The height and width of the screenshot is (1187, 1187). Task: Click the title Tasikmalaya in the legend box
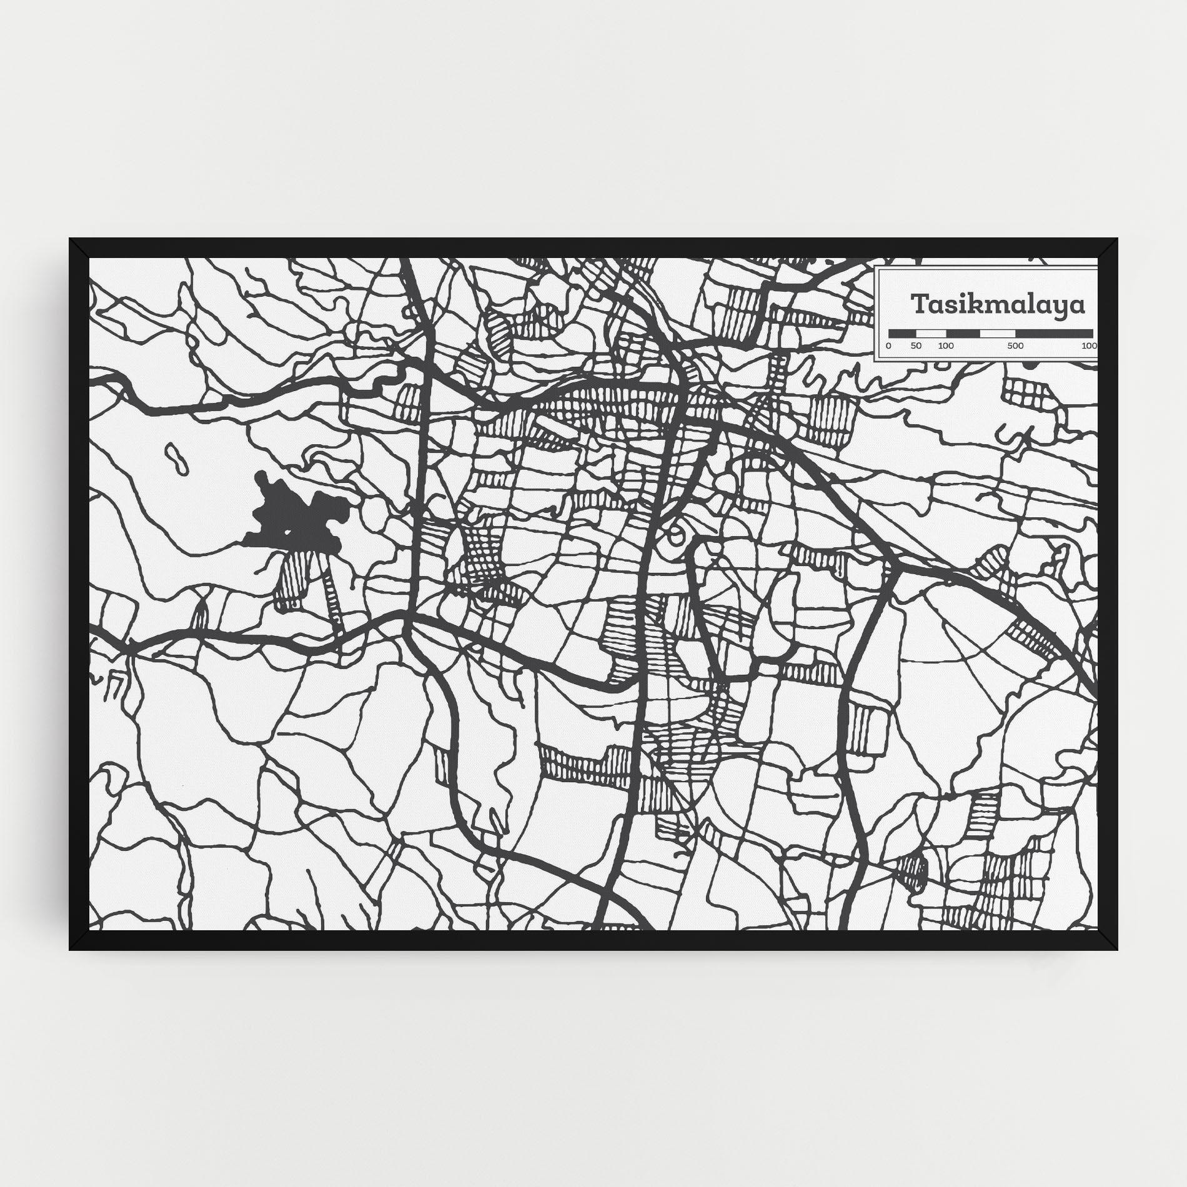pyautogui.click(x=998, y=305)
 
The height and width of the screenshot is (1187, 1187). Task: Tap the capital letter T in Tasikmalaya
pyautogui.click(x=919, y=305)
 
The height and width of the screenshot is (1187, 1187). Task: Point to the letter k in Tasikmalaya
pyautogui.click(x=967, y=304)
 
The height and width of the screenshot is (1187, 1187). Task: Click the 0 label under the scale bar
pyautogui.click(x=888, y=345)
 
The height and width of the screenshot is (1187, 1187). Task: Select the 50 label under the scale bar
pyautogui.click(x=916, y=345)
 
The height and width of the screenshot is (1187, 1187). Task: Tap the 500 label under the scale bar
pyautogui.click(x=1015, y=345)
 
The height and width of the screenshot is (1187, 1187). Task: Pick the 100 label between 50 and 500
pyautogui.click(x=946, y=345)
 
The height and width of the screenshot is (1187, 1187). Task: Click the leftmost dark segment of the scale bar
pyautogui.click(x=898, y=333)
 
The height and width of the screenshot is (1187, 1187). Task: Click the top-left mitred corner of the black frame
pyautogui.click(x=79, y=247)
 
